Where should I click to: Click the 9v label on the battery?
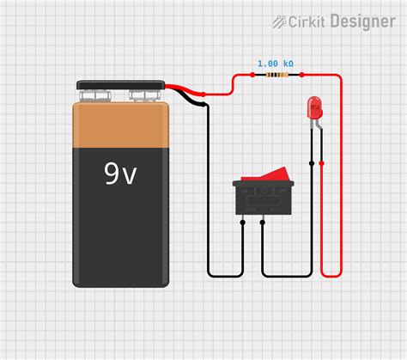point(120,174)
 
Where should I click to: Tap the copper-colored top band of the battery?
point(120,125)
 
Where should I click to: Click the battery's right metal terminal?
point(145,95)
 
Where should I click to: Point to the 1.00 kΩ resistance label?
point(275,64)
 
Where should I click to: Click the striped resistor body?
point(275,75)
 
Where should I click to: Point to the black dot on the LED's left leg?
point(311,162)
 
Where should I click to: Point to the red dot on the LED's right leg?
point(321,162)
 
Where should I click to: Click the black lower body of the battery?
point(120,232)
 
